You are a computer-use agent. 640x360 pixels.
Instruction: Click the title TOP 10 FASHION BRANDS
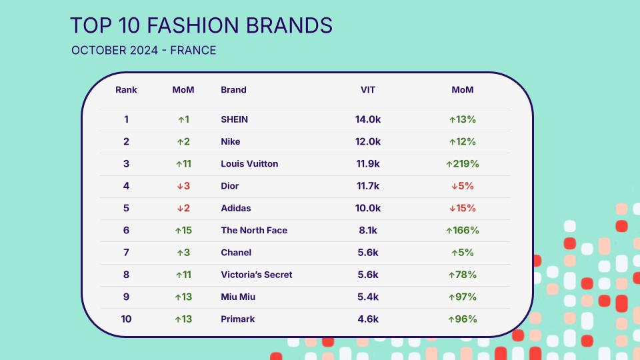coord(201,25)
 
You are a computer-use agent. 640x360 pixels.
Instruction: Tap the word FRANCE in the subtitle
coord(193,50)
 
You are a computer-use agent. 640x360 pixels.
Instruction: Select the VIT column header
coord(368,90)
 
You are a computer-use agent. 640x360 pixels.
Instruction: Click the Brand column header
coord(233,90)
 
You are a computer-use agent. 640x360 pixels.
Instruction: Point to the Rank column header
coord(126,90)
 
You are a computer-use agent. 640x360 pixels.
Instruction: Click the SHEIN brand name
coord(234,119)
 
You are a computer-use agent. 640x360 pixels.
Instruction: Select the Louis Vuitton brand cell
coord(249,164)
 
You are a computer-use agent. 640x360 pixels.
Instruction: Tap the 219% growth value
coord(463,164)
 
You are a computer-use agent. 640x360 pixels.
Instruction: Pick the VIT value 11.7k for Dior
coord(368,186)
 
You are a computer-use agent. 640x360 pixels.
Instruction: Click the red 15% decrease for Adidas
coord(463,208)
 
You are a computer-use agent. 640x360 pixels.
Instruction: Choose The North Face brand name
coord(254,230)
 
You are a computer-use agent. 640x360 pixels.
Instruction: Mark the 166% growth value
coord(463,230)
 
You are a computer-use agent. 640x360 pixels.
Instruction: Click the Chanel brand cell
coord(236,252)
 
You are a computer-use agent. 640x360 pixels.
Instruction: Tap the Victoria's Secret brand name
coord(256,275)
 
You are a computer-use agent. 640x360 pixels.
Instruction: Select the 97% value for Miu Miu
coord(463,297)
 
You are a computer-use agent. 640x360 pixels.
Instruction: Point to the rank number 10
coord(126,319)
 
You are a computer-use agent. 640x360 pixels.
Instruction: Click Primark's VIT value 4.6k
coord(368,319)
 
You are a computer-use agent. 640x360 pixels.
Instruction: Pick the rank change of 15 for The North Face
coord(183,230)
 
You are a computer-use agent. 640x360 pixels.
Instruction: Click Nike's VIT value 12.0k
coord(368,141)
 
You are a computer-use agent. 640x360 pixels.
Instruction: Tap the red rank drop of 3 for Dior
coord(183,186)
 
